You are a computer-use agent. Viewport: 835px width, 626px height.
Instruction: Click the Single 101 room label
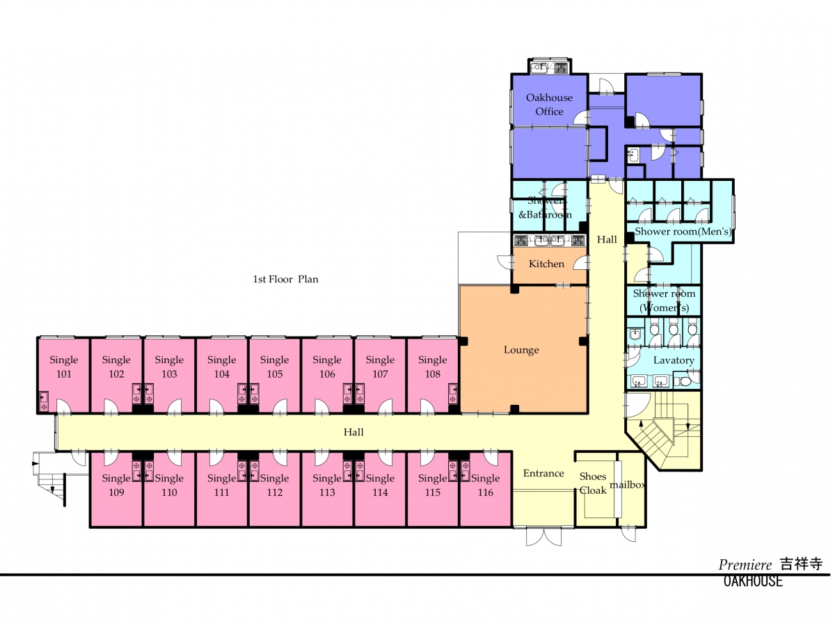[63, 367]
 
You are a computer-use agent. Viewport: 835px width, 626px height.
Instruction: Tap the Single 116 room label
[485, 485]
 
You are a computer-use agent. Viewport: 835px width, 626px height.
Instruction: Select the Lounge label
[521, 350]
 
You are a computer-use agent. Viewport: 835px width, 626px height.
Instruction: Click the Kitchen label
[546, 264]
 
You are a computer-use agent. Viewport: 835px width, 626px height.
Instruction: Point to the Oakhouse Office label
[549, 104]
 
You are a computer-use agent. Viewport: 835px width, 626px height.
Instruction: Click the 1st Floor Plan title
[285, 280]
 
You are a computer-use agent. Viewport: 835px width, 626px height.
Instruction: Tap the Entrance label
[543, 473]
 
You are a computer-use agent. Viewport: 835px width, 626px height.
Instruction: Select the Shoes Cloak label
[593, 483]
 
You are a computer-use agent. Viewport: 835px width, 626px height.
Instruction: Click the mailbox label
[628, 485]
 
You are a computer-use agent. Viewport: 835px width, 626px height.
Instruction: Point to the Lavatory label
[674, 360]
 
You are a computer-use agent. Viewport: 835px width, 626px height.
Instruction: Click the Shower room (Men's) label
[683, 232]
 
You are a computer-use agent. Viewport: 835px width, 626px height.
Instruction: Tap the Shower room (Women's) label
[664, 300]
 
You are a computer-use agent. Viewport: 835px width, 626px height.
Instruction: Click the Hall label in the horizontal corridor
[353, 432]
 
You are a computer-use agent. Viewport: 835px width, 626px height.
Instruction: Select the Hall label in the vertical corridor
[607, 239]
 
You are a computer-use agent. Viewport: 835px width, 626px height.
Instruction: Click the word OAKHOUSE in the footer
[753, 581]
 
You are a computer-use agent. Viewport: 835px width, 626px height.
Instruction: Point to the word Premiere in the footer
[745, 565]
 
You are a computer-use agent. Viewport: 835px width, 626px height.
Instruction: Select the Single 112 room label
[274, 485]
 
